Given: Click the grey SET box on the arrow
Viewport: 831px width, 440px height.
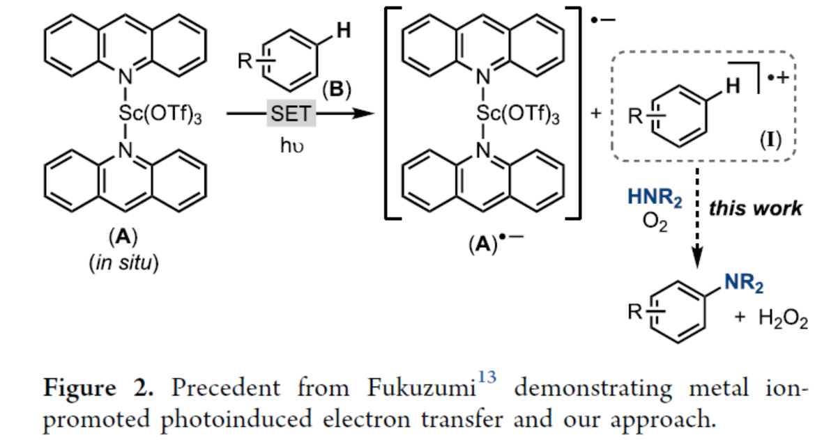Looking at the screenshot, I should pos(291,113).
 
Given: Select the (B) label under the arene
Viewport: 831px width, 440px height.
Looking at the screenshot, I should pos(335,90).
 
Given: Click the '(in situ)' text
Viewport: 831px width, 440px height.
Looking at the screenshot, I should pos(123,264).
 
